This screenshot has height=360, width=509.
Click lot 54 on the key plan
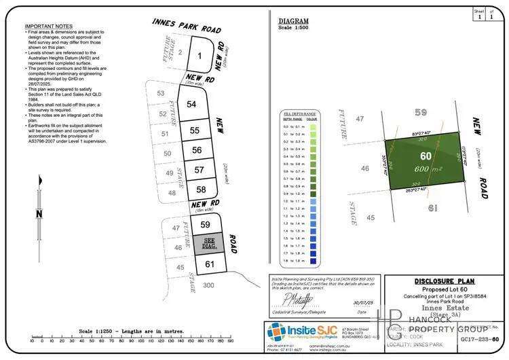pyautogui.click(x=191, y=104)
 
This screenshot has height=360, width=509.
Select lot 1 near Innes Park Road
pyautogui.click(x=200, y=56)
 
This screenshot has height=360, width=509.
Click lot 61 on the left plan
pyautogui.click(x=210, y=264)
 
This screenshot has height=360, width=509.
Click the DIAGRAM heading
pyautogui.click(x=294, y=21)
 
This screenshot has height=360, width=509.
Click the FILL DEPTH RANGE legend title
pyautogui.click(x=299, y=113)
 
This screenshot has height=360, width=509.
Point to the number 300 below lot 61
pyautogui.click(x=208, y=285)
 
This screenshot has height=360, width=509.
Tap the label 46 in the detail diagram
pyautogui.click(x=365, y=168)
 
